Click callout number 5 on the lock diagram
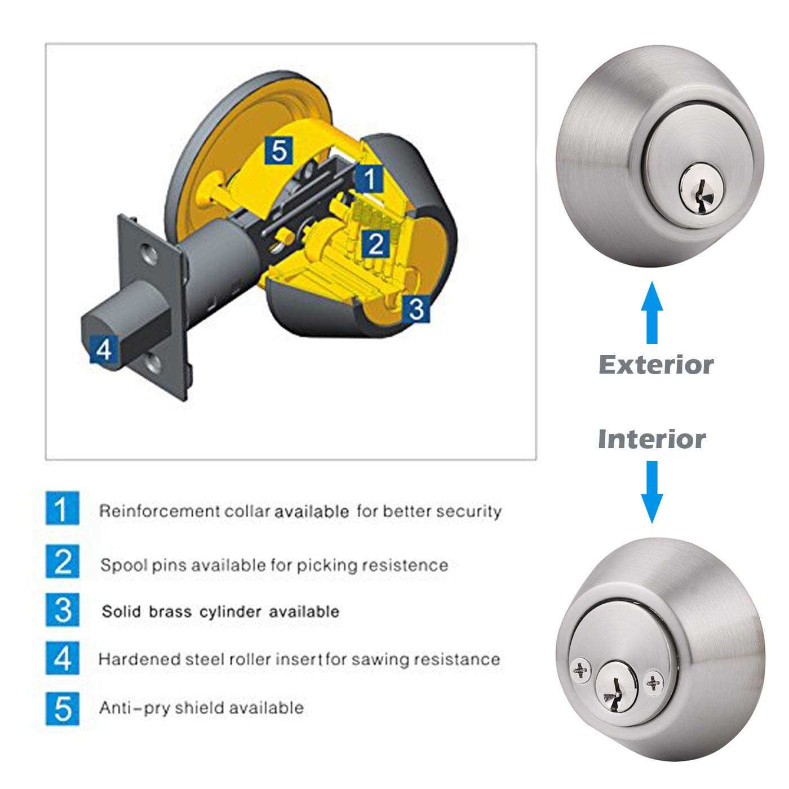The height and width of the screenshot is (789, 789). pyautogui.click(x=279, y=150)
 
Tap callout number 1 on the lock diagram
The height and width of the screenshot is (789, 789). pyautogui.click(x=369, y=179)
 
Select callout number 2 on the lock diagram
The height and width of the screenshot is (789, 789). pyautogui.click(x=375, y=243)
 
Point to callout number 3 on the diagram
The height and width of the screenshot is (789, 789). pyautogui.click(x=416, y=308)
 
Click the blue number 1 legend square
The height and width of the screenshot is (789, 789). pyautogui.click(x=63, y=509)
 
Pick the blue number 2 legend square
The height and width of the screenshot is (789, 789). pyautogui.click(x=63, y=561)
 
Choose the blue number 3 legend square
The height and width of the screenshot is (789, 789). pyautogui.click(x=63, y=610)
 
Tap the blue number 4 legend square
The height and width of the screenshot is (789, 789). pyautogui.click(x=63, y=658)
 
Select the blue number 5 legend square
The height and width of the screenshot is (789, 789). pyautogui.click(x=63, y=708)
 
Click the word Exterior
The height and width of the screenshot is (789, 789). pyautogui.click(x=655, y=365)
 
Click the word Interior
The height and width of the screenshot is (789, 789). pyautogui.click(x=651, y=439)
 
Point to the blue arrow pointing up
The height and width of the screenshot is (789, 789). pyautogui.click(x=652, y=313)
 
